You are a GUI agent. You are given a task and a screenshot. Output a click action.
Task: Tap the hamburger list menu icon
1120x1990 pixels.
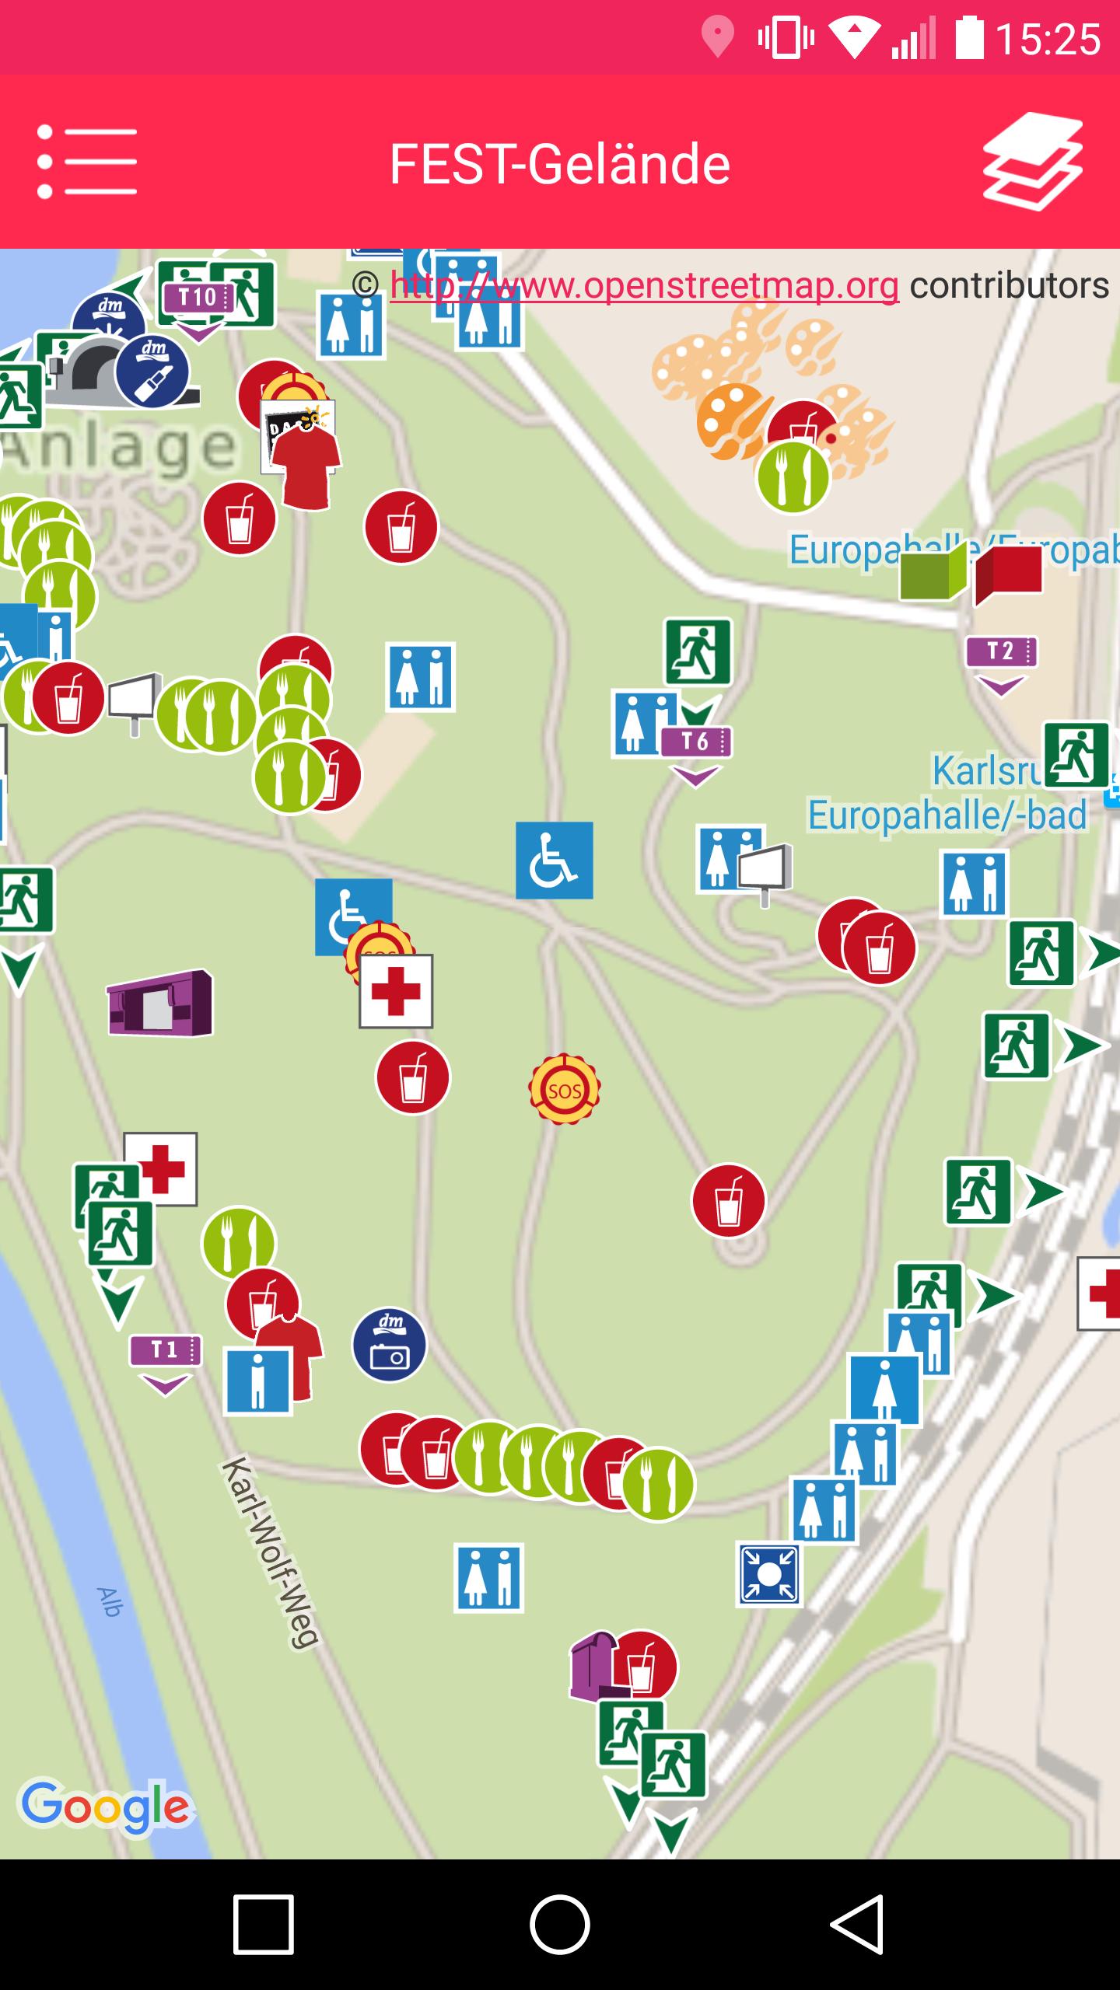[x=87, y=162]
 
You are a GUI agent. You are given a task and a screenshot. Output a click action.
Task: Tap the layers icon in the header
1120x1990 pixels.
[x=1033, y=162]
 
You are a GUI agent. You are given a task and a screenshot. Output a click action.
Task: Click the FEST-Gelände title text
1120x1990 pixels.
[x=560, y=164]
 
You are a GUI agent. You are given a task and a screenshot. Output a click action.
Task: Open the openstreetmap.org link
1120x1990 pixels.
[x=644, y=285]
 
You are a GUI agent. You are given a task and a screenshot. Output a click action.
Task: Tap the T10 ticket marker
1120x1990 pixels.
[x=198, y=298]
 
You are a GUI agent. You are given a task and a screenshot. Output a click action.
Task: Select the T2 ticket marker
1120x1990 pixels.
[x=1001, y=652]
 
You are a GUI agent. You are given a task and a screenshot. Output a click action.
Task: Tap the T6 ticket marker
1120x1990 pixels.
[x=696, y=742]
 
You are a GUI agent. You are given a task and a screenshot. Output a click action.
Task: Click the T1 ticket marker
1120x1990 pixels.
[x=165, y=1350]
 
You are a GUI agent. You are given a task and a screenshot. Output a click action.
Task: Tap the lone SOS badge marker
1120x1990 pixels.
[x=565, y=1090]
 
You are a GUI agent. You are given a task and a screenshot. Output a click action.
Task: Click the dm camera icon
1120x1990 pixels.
[x=389, y=1344]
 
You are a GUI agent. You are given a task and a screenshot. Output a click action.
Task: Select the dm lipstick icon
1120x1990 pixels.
[x=152, y=372]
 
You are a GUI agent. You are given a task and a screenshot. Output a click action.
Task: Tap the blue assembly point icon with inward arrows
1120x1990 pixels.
[x=768, y=1575]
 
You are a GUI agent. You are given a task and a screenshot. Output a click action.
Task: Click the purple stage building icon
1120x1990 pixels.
[x=159, y=1003]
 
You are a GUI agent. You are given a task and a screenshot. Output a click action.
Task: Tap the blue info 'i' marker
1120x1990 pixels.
[x=257, y=1381]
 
